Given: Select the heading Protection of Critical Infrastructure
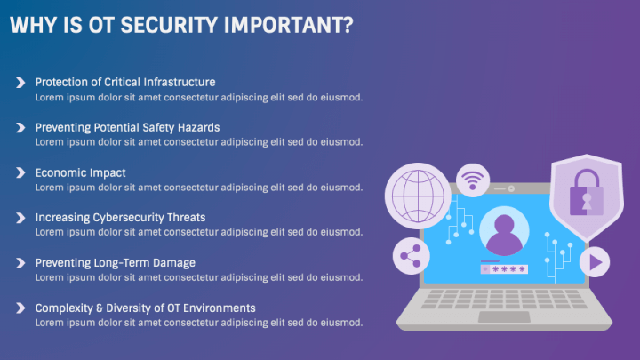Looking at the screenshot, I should tap(125, 82).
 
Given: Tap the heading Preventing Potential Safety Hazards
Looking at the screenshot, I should tap(127, 127).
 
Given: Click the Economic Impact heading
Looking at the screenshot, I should tap(80, 172).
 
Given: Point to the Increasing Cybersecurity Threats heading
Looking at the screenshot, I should tap(120, 217).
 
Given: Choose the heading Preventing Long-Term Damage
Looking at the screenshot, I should tap(115, 262).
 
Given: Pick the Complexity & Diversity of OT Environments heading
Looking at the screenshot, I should tap(145, 308).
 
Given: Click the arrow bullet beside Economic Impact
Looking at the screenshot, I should tap(20, 172).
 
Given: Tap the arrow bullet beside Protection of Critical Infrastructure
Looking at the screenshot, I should tap(20, 82).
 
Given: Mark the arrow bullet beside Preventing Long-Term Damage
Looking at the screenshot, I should tap(20, 263).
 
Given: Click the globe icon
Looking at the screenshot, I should tap(416, 194).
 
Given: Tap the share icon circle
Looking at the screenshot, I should tap(410, 256).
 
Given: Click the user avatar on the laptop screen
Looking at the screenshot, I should tap(504, 233).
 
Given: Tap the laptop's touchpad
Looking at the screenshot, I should tap(503, 316).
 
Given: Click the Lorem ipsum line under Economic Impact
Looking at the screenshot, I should tap(199, 188).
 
